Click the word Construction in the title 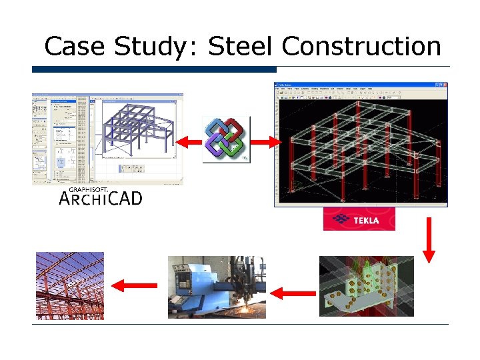coord(361,47)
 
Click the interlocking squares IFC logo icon coord(225,139)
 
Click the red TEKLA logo coord(359,219)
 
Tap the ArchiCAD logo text coord(101,198)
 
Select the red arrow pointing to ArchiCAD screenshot coord(189,141)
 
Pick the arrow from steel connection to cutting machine coord(294,291)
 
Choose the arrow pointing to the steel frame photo coord(134,286)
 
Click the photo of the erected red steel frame coord(69,285)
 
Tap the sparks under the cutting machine coord(250,309)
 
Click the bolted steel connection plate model coord(361,291)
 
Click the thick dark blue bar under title coord(154,69)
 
